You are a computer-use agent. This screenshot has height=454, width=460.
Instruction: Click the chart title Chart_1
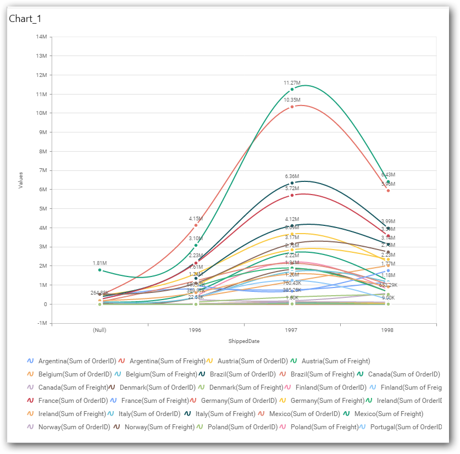click(25, 19)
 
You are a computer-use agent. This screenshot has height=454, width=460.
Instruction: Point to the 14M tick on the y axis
click(41, 37)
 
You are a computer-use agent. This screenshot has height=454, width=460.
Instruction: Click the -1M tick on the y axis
click(41, 323)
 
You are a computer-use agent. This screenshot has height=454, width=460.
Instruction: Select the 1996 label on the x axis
click(195, 331)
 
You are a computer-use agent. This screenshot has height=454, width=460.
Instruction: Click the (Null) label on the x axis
click(100, 331)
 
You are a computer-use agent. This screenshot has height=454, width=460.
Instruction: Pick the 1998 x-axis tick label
click(387, 331)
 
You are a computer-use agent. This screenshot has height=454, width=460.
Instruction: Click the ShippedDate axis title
click(243, 341)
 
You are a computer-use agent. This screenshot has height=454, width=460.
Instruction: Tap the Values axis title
click(21, 180)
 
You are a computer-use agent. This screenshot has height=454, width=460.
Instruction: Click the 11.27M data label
click(292, 82)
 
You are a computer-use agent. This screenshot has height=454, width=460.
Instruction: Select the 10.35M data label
click(292, 100)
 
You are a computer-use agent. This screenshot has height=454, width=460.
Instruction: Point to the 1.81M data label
click(100, 263)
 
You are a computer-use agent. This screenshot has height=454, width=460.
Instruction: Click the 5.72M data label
click(292, 189)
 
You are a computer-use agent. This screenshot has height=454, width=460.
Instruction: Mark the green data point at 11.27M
click(292, 89)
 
